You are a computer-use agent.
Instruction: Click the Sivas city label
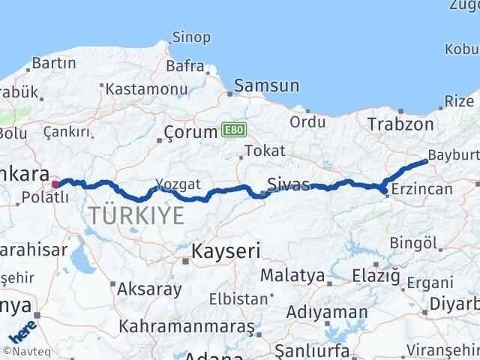[289, 184]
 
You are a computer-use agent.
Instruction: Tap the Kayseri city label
[224, 250]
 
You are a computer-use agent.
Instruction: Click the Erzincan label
[421, 189]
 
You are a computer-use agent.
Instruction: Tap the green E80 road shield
[233, 130]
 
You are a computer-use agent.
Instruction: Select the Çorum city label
[190, 136]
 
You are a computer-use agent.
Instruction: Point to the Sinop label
[191, 37]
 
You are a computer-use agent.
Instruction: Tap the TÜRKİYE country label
[136, 216]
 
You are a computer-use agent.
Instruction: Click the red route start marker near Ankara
[55, 182]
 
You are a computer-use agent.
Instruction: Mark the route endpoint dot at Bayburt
[426, 160]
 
